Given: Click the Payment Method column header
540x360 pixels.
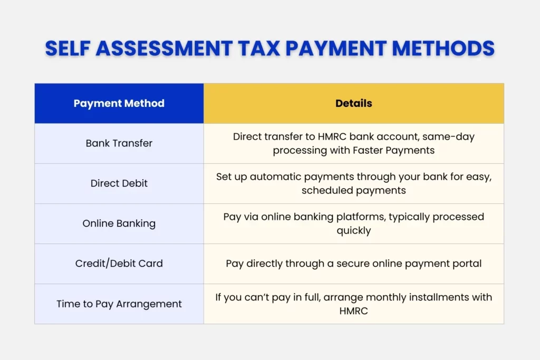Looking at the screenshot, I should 119,103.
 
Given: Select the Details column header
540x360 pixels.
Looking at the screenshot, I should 353,103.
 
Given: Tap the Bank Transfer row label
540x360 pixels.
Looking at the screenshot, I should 119,143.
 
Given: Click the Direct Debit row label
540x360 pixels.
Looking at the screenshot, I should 119,183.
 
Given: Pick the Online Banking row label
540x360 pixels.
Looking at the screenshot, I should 119,223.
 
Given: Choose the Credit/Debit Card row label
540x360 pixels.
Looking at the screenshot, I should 119,264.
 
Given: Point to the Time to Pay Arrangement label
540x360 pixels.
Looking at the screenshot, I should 119,304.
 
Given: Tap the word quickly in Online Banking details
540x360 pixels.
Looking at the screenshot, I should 353,230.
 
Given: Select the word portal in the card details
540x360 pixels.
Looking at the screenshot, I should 466,264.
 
